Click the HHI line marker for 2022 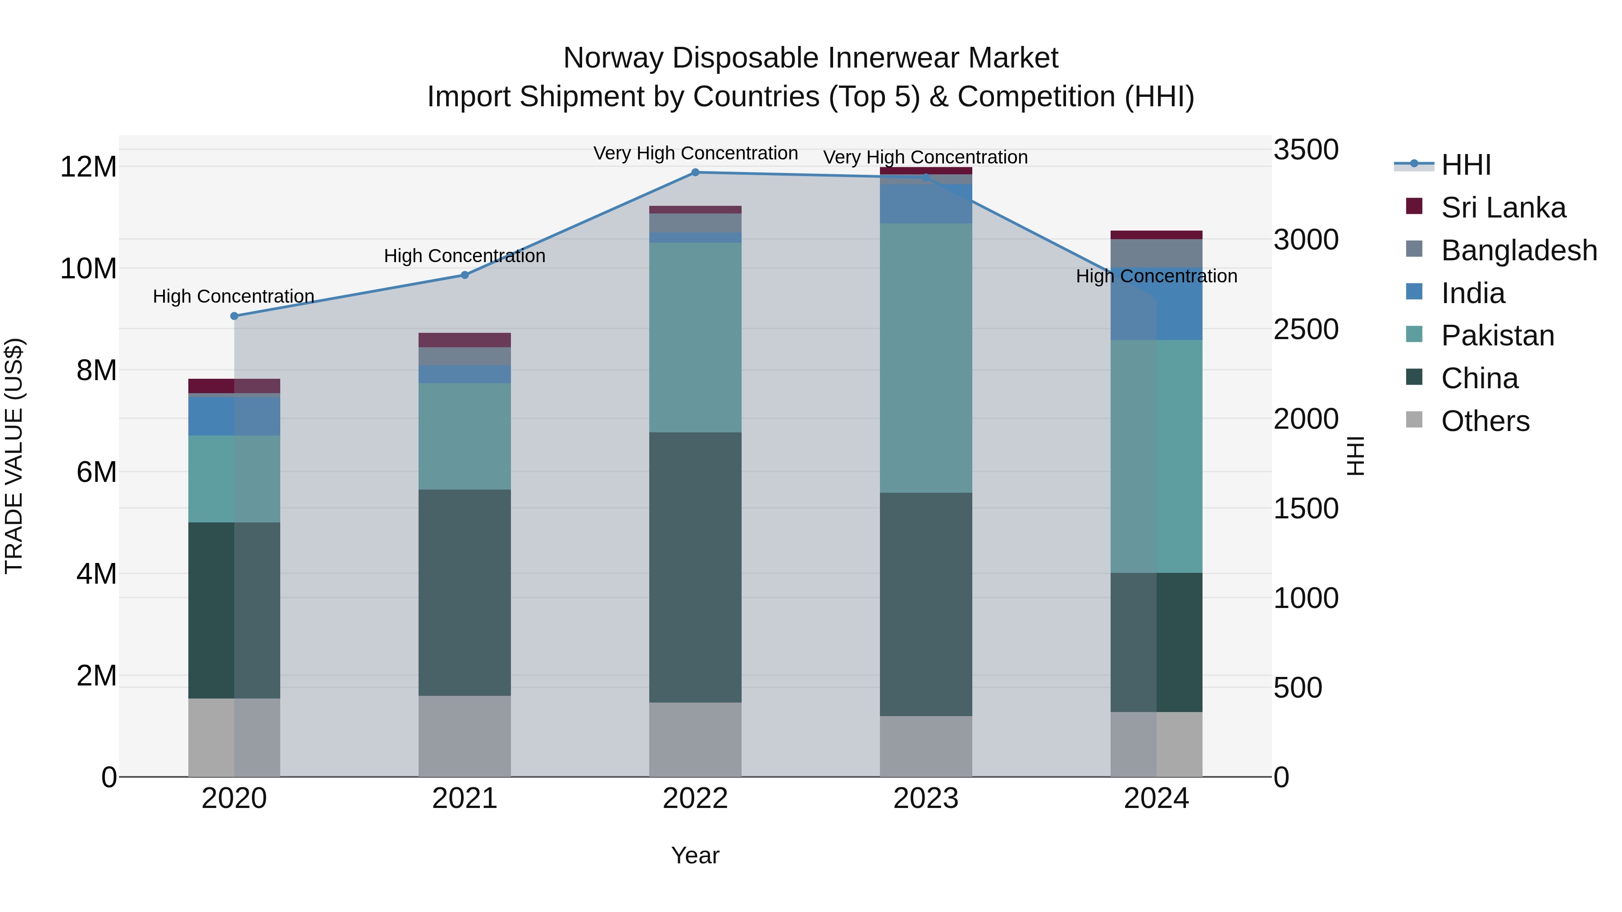(x=695, y=172)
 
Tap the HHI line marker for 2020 (x=234, y=316)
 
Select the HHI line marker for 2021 (x=465, y=275)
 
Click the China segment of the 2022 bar (x=695, y=567)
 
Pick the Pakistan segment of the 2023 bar (x=925, y=358)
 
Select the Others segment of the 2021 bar (x=465, y=736)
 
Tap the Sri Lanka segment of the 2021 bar (x=465, y=340)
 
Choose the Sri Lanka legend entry (x=1502, y=208)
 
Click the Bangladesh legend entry (x=1518, y=250)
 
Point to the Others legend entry (x=1484, y=421)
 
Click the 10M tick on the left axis (x=88, y=269)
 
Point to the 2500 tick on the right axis (x=1305, y=329)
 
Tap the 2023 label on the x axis (x=925, y=799)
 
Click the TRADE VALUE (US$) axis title (x=14, y=456)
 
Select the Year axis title (x=695, y=855)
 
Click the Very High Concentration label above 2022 (x=695, y=154)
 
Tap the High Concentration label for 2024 (x=1156, y=277)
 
